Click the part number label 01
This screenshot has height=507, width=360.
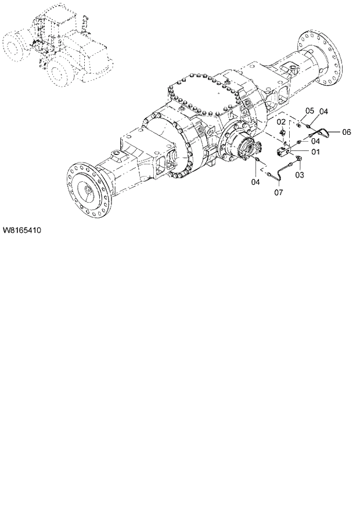point(316,153)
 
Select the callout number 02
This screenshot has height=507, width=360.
point(280,122)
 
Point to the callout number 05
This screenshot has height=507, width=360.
point(309,110)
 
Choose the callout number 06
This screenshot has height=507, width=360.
point(346,132)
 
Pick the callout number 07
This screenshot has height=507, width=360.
point(278,192)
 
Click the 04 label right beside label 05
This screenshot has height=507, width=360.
point(324,111)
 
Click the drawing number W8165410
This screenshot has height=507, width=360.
point(21,231)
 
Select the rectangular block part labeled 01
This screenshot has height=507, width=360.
point(285,152)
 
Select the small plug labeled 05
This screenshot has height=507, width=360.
point(298,123)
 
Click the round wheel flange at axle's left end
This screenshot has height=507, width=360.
point(88,190)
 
